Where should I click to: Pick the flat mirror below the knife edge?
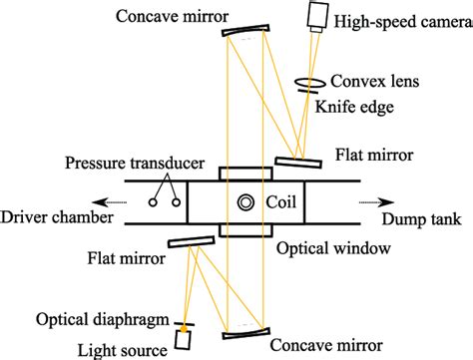(298, 161)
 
